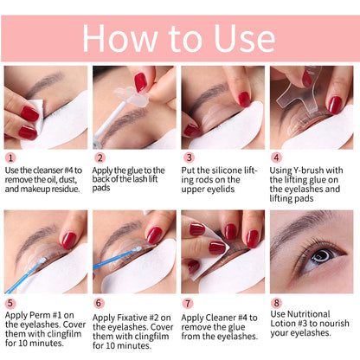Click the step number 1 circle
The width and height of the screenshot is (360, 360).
coord(10,158)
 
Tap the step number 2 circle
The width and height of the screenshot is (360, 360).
coord(100,158)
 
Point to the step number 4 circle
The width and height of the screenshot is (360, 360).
coord(277,158)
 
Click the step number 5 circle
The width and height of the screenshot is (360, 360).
coord(10,303)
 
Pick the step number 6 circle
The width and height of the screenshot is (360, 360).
coord(100,303)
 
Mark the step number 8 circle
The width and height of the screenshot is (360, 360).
coord(277,303)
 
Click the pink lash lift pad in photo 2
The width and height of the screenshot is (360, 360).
coord(140,83)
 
